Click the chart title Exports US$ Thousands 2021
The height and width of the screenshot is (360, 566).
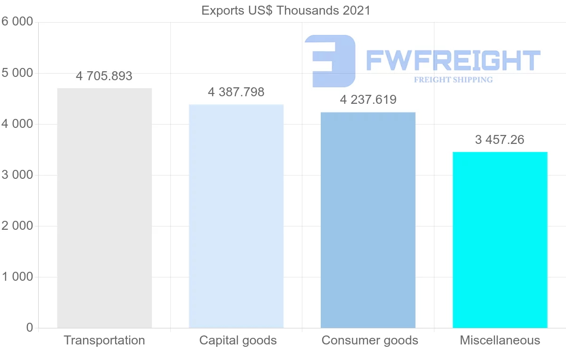click(x=286, y=10)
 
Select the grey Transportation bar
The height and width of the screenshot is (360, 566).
click(x=104, y=208)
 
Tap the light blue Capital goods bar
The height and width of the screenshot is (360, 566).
click(x=236, y=216)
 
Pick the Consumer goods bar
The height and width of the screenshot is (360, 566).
click(x=368, y=220)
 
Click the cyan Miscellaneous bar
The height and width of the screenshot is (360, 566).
click(x=500, y=240)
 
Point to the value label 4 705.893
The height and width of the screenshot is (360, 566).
click(x=104, y=76)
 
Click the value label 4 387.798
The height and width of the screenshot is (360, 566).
click(x=236, y=92)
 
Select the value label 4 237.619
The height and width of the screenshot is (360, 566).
click(x=368, y=100)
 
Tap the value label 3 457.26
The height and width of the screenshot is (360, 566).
click(x=500, y=140)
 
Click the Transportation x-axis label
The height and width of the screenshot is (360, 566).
click(x=104, y=340)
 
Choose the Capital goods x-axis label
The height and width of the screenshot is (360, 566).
click(x=238, y=340)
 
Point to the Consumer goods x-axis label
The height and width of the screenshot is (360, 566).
click(x=370, y=340)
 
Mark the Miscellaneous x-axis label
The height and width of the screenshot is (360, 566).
click(x=500, y=340)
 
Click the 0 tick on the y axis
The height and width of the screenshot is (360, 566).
click(x=29, y=328)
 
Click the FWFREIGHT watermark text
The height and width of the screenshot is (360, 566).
click(x=453, y=60)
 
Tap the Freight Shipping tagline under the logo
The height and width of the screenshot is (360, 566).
click(x=453, y=80)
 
